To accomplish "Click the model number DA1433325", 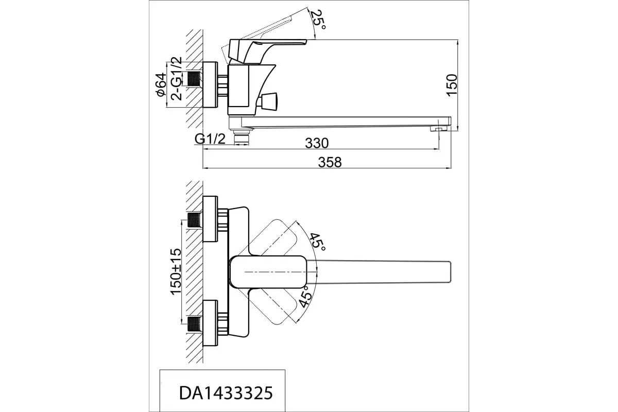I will click(225, 393).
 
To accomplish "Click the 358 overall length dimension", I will click(330, 162).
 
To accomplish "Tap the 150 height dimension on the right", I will click(451, 84).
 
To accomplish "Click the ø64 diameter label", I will click(160, 85).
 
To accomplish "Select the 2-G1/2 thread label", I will click(177, 78).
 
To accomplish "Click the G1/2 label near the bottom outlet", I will click(210, 139).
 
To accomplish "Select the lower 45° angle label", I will click(304, 297).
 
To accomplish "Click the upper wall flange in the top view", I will click(211, 219).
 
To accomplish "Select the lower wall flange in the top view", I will click(211, 323).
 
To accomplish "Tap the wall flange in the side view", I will click(211, 85).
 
